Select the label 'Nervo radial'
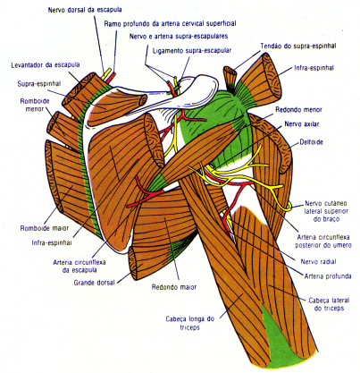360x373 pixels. (x=319, y=262)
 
